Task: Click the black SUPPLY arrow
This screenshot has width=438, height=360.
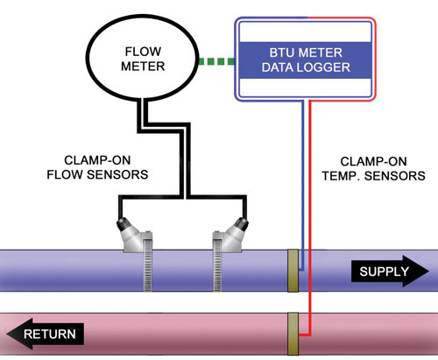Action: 380,272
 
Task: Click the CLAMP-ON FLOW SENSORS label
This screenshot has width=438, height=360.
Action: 102,167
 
